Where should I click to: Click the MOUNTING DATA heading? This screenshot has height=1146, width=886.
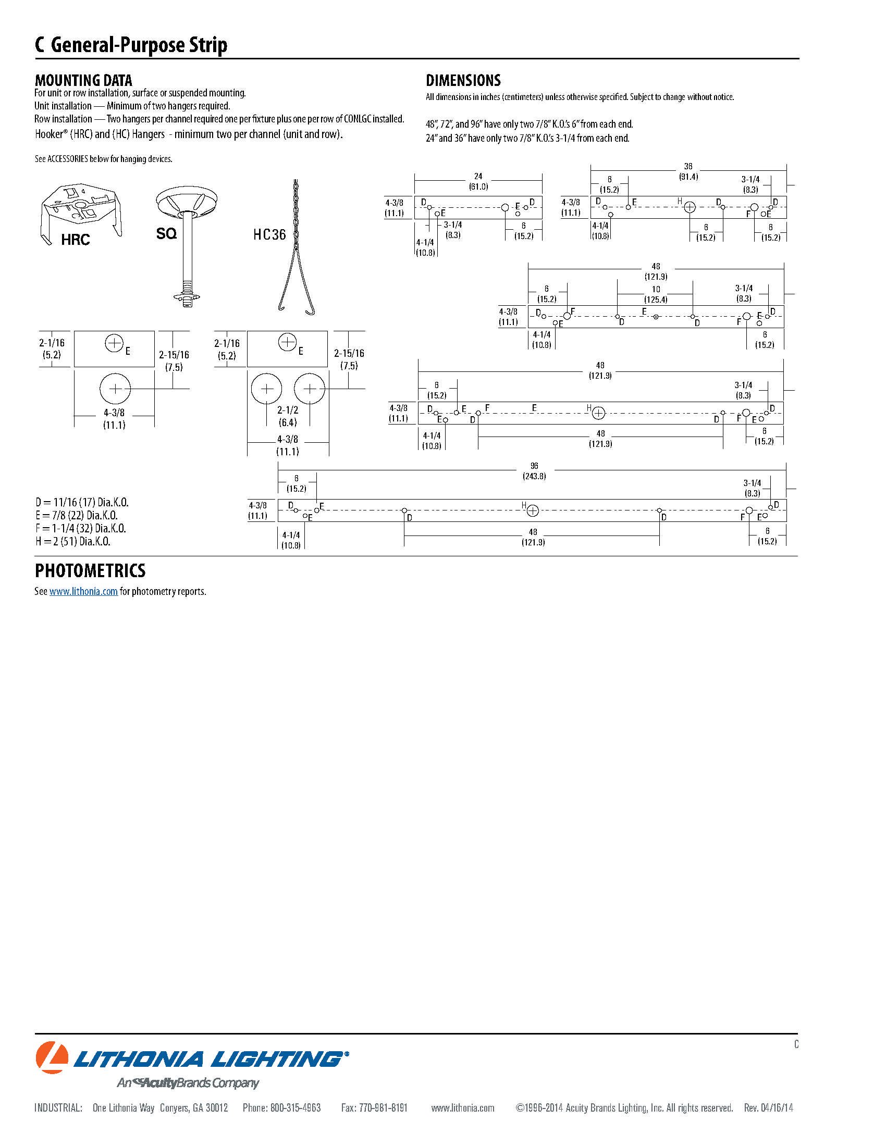click(83, 80)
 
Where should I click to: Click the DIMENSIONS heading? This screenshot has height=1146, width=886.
click(463, 80)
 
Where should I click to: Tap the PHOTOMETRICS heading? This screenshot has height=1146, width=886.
click(90, 570)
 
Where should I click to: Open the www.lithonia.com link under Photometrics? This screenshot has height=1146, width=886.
click(83, 591)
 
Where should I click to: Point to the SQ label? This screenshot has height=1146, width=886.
click(166, 233)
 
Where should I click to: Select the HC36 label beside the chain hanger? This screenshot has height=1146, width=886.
click(269, 234)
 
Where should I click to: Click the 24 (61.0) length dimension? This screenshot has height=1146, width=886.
click(478, 182)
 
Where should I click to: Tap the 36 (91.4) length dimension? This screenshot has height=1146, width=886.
click(688, 171)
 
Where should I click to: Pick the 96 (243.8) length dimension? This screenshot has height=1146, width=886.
click(534, 471)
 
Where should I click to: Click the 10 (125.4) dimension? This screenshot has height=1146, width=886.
click(656, 294)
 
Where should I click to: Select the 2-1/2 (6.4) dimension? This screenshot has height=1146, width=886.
click(288, 416)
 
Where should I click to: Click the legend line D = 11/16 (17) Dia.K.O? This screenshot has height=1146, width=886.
click(82, 503)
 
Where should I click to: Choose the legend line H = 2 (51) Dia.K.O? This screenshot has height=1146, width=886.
click(73, 542)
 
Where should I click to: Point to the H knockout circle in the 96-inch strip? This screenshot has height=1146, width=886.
click(532, 510)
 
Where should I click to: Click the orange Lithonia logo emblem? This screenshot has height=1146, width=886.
click(52, 1056)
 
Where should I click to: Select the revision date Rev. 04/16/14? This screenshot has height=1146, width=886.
click(768, 1107)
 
